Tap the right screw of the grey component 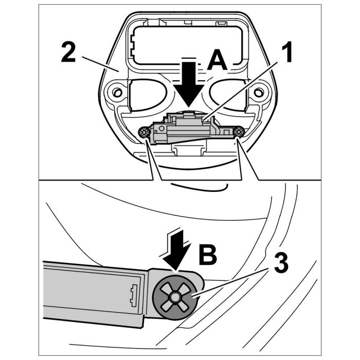click(238, 132)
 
